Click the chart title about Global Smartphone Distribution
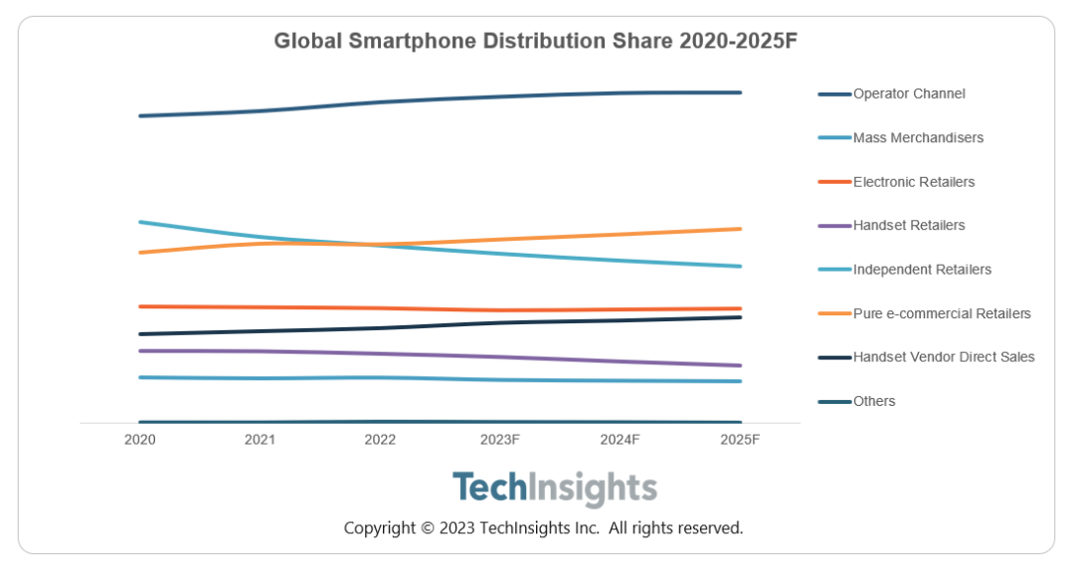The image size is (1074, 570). pyautogui.click(x=536, y=41)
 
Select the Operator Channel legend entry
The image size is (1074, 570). pyautogui.click(x=908, y=94)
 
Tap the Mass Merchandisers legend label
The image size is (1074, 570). pyautogui.click(x=917, y=138)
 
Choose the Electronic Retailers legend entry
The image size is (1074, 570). pyautogui.click(x=913, y=182)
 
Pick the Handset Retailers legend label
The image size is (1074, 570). pyautogui.click(x=908, y=226)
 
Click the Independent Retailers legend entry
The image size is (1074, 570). pyautogui.click(x=921, y=270)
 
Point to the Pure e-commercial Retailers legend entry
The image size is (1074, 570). pyautogui.click(x=941, y=313)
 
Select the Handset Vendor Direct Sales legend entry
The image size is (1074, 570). pyautogui.click(x=943, y=357)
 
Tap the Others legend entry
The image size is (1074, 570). pyautogui.click(x=873, y=401)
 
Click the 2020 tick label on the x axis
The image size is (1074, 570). pyautogui.click(x=140, y=440)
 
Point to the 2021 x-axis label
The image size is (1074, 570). pyautogui.click(x=260, y=440)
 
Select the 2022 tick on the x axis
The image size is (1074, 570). pyautogui.click(x=380, y=440)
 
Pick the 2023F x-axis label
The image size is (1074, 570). pyautogui.click(x=500, y=440)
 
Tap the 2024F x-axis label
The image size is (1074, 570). pyautogui.click(x=621, y=440)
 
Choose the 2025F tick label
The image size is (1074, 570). pyautogui.click(x=740, y=440)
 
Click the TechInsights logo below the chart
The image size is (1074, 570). pyautogui.click(x=554, y=488)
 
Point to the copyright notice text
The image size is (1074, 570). pyautogui.click(x=543, y=528)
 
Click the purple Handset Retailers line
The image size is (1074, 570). pyautogui.click(x=440, y=354)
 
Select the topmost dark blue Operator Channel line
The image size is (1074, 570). pyautogui.click(x=440, y=98)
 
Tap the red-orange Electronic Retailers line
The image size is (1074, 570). pyautogui.click(x=440, y=309)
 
